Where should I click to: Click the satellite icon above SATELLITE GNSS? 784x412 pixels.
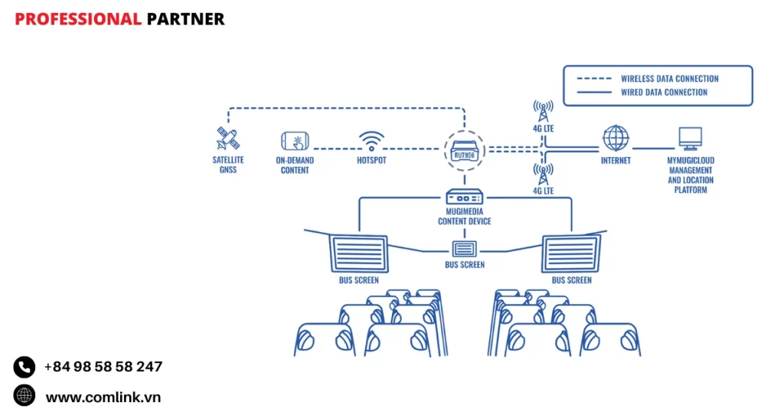[227, 139]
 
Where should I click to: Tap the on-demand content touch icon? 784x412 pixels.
[295, 141]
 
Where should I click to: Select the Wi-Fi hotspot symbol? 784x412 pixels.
[371, 140]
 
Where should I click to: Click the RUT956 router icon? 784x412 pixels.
[465, 149]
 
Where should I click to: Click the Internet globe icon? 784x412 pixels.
[616, 139]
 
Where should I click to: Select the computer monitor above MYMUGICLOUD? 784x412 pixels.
[690, 139]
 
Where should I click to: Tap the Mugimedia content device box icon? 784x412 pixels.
[465, 198]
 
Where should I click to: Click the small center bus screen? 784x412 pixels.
[465, 248]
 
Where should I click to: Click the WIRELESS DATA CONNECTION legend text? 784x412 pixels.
[669, 78]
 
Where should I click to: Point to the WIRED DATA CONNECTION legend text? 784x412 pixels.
[664, 92]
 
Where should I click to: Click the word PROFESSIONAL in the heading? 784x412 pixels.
[78, 19]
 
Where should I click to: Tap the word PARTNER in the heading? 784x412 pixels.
[185, 19]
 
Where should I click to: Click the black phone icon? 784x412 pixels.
[24, 367]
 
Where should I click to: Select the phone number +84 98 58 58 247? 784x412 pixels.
[103, 367]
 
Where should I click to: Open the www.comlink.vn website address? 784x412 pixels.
[103, 397]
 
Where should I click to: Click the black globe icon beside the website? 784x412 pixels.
[24, 395]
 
